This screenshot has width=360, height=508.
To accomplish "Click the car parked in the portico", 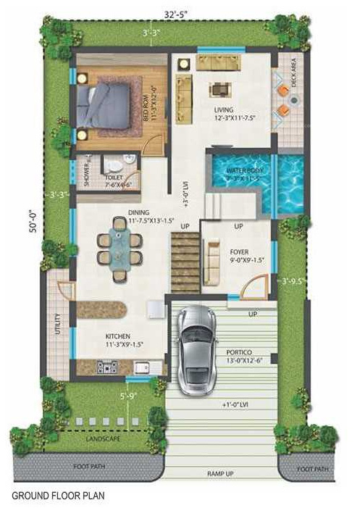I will (198, 348).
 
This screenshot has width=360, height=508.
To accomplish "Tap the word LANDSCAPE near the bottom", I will (102, 439).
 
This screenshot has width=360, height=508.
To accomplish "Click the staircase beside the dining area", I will (185, 262).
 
